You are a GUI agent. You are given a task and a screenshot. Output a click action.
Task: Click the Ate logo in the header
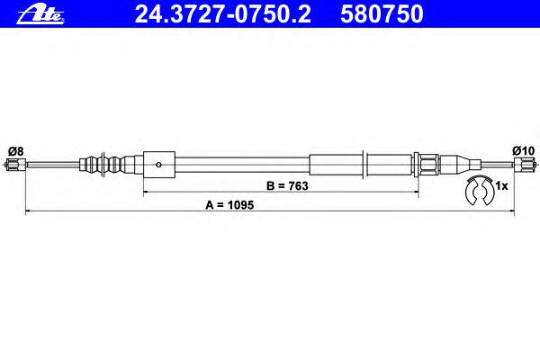40,15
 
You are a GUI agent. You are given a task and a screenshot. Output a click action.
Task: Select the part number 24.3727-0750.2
222,14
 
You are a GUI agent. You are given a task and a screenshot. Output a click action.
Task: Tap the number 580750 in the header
382,14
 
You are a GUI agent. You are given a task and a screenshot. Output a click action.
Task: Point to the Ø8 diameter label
16,151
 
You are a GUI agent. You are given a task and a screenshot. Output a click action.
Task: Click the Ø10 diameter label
523,150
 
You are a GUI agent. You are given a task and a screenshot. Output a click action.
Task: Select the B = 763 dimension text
287,186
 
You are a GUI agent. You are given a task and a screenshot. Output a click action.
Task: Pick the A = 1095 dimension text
229,205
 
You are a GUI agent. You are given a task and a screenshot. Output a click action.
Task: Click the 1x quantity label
501,186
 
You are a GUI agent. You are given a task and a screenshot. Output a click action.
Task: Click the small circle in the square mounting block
158,165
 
